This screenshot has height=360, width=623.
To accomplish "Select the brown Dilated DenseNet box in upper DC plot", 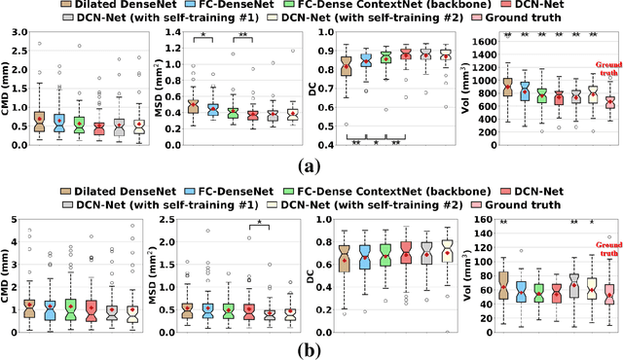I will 346,66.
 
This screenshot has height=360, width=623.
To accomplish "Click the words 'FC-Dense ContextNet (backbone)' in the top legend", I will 394,7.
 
